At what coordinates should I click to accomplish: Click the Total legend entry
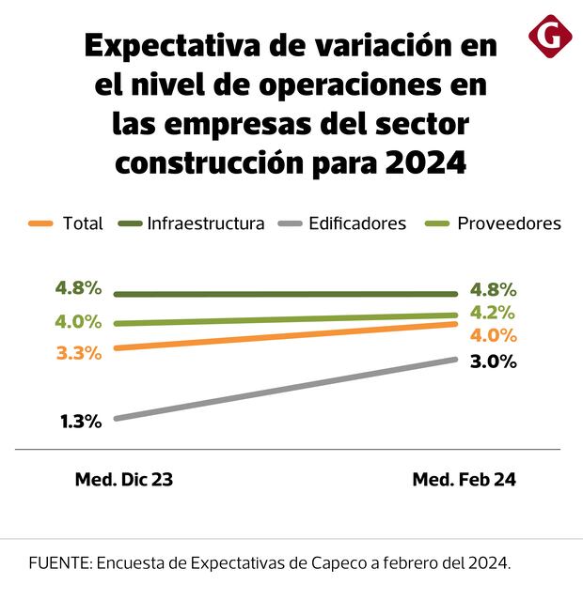tap(67, 223)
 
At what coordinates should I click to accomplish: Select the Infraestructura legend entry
tap(193, 223)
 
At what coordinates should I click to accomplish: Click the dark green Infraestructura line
tap(282, 294)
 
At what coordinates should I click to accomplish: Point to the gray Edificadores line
tap(282, 389)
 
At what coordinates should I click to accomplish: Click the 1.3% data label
tap(81, 422)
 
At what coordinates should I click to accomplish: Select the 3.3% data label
tap(79, 353)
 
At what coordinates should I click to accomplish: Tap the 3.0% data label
tap(493, 362)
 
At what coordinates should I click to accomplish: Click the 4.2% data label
tap(494, 313)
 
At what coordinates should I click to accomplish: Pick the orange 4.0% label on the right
tap(494, 335)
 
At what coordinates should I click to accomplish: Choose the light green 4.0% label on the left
tap(78, 321)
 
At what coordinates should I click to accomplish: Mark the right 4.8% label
tap(494, 289)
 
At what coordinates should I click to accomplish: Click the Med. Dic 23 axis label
tap(124, 479)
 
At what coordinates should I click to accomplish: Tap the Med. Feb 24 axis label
tap(465, 479)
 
